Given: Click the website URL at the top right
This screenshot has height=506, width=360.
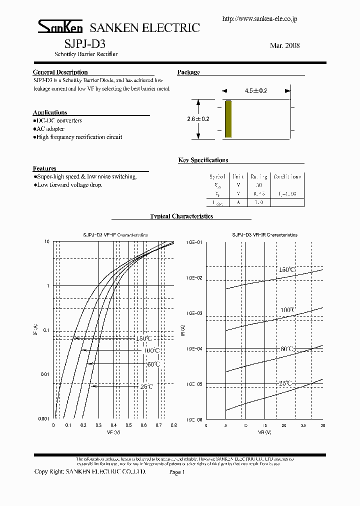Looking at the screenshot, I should point(259,18).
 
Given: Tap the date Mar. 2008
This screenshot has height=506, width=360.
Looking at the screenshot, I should point(284,45).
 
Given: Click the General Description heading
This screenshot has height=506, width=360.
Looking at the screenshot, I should point(60,72).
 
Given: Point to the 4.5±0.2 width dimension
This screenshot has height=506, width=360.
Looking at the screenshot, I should point(256,91).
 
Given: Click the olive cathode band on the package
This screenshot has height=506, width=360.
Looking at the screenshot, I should point(228,119).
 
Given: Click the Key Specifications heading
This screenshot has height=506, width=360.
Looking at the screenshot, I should point(203,160).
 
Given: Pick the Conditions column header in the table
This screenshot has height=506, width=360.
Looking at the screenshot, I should point(287,177).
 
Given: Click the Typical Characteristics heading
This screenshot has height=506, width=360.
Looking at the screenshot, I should point(181,216).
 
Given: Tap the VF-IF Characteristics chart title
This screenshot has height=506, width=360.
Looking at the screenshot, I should point(115,234).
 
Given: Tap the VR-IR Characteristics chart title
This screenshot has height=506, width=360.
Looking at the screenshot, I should point(264,234).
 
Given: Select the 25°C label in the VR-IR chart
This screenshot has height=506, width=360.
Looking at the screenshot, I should point(285,383).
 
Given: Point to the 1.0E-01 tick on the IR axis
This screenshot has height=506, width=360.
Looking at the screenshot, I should point(195,242).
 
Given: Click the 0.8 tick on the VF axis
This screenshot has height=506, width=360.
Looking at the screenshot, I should point(173,425).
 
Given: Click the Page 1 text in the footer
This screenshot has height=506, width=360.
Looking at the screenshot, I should point(177,472).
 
